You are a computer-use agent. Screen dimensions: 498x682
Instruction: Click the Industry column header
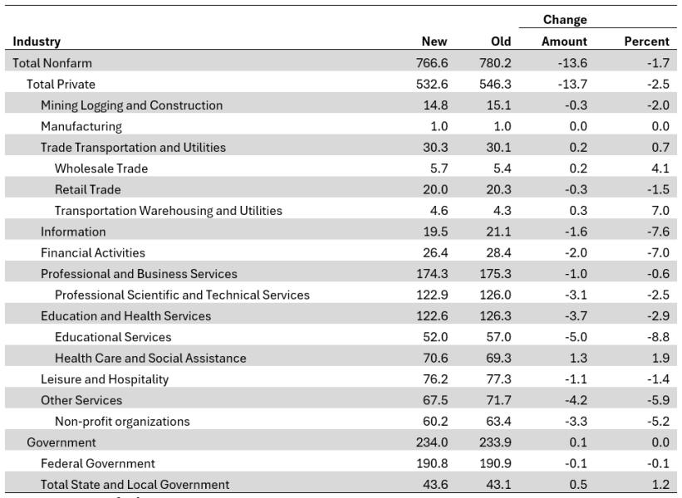point(36,41)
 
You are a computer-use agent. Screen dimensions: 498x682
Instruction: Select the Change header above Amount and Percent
point(564,20)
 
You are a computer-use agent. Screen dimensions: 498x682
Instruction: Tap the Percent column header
point(646,41)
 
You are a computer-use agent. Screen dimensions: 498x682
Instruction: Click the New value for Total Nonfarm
point(431,63)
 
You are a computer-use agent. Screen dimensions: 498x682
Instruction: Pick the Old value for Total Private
point(495,84)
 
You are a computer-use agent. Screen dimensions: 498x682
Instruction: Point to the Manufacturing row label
point(81,126)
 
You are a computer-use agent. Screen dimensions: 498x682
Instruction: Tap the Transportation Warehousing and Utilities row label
point(168,211)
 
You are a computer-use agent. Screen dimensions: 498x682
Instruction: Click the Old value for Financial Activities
point(496,252)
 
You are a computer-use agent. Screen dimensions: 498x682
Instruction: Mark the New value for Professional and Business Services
point(429,274)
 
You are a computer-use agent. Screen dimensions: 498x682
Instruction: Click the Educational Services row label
point(113,337)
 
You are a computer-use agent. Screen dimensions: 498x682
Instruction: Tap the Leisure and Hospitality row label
point(105,379)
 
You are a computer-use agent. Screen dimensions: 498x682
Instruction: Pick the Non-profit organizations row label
point(122,422)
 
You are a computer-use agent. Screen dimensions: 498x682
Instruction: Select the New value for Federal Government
point(429,463)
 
